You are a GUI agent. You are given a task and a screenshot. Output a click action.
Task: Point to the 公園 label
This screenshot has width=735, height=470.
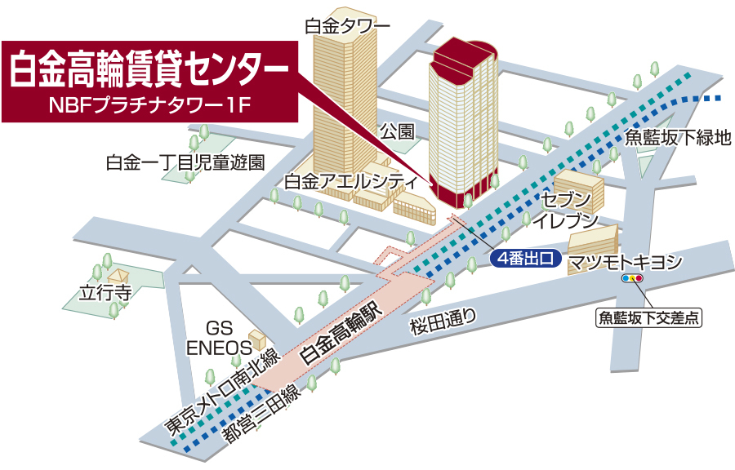pyautogui.click(x=398, y=131)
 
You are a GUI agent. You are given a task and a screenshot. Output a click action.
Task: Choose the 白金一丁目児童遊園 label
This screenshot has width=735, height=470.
pyautogui.click(x=185, y=162)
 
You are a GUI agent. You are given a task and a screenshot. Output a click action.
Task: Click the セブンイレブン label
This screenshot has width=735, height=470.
pyautogui.click(x=564, y=209)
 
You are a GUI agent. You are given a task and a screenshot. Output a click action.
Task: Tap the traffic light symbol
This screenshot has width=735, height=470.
pyautogui.click(x=633, y=278)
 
